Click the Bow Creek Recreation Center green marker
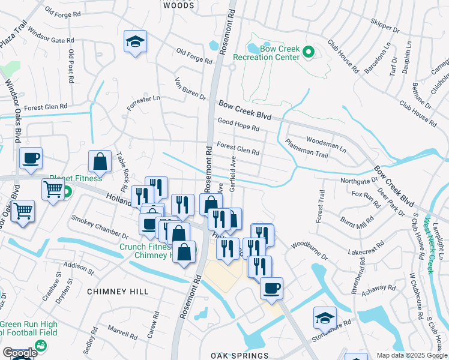[x=309, y=53]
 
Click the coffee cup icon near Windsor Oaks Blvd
[x=31, y=158]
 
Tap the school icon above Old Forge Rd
[x=135, y=42]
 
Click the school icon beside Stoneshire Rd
[x=325, y=317]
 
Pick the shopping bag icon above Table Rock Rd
[x=100, y=161]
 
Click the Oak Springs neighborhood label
[x=240, y=356]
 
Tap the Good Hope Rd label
[x=238, y=125]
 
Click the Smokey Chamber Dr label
[x=100, y=227]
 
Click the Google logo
[x=19, y=353]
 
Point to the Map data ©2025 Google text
[x=412, y=355]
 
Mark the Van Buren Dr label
[x=190, y=89]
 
